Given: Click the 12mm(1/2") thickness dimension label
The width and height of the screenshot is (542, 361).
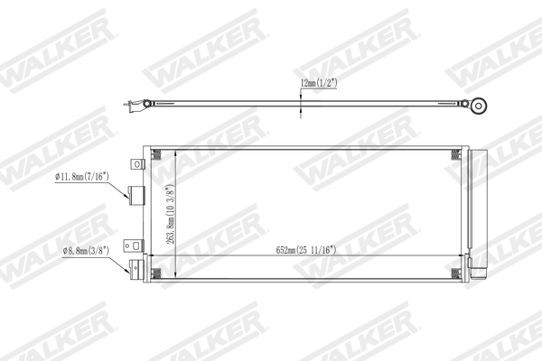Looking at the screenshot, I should click(322, 82).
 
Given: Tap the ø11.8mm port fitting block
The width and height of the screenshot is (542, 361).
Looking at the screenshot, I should click(139, 197).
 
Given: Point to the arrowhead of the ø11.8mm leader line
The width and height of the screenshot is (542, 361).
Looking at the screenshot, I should click(129, 196).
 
